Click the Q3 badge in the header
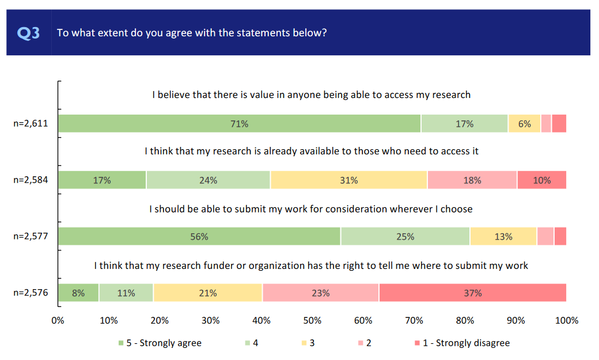pyautogui.click(x=29, y=33)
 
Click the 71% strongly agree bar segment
pyautogui.click(x=240, y=124)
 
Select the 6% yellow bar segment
pyautogui.click(x=524, y=124)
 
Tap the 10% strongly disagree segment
pyautogui.click(x=541, y=180)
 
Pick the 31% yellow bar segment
pyautogui.click(x=348, y=180)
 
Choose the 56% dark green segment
pyautogui.click(x=199, y=237)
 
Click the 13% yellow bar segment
pyautogui.click(x=503, y=237)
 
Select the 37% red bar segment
pyautogui.click(x=472, y=293)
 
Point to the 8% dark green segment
pyautogui.click(x=78, y=293)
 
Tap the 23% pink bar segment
pyautogui.click(x=321, y=293)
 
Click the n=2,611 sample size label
pyautogui.click(x=31, y=124)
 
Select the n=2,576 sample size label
pyautogui.click(x=31, y=293)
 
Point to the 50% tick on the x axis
pyautogui.click(x=312, y=320)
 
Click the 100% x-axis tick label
pyautogui.click(x=566, y=320)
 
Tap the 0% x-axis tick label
pyautogui.click(x=58, y=320)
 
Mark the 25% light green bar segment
pyautogui.click(x=405, y=237)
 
